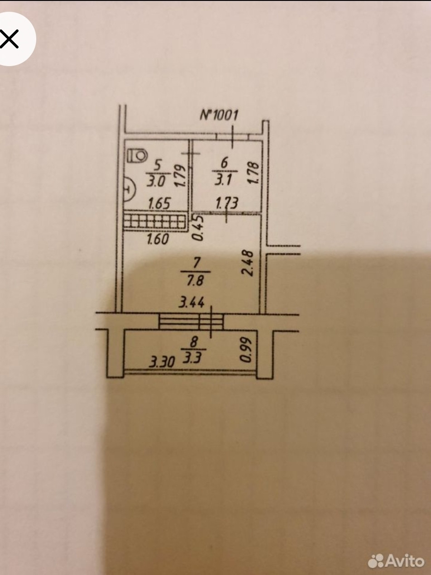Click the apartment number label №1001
pyautogui.click(x=219, y=115)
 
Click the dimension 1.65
pyautogui.click(x=160, y=204)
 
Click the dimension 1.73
pyautogui.click(x=227, y=203)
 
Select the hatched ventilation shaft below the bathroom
pyautogui.click(x=155, y=222)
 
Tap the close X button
pyautogui.click(x=10, y=39)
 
